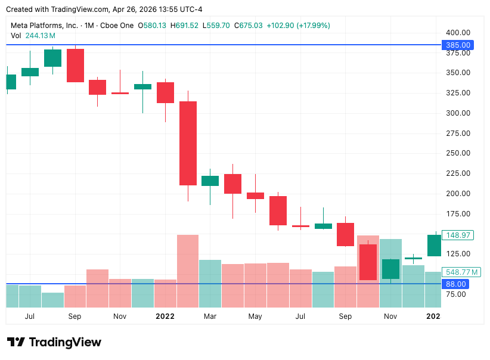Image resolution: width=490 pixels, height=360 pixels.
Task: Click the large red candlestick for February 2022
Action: [x=188, y=143]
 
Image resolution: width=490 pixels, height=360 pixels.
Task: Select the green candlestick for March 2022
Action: [x=210, y=181]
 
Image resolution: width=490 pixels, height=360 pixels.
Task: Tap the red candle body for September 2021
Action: [x=75, y=65]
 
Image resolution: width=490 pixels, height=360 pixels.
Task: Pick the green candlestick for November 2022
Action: [x=390, y=269]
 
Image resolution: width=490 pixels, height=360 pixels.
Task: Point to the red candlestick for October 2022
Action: [x=368, y=262]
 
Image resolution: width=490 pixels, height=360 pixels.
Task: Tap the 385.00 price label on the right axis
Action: [x=456, y=45]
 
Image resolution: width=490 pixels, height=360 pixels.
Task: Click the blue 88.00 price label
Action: [x=456, y=284]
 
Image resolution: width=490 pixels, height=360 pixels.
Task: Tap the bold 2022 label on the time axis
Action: [x=165, y=316]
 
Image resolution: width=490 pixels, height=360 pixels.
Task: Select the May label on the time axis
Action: [x=255, y=316]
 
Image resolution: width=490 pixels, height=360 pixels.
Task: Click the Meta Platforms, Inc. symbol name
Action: [x=45, y=26]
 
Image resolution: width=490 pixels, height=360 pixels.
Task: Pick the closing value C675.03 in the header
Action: [x=249, y=26]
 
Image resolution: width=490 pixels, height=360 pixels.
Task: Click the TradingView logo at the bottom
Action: [x=54, y=342]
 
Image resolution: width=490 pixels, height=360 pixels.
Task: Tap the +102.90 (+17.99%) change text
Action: [x=298, y=26]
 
